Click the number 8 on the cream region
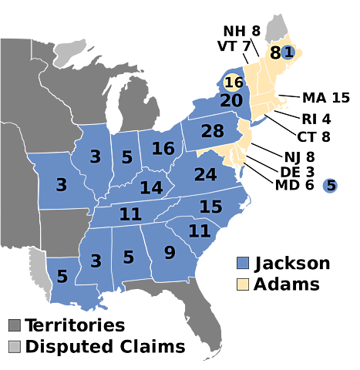(x=275, y=53)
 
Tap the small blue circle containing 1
(x=288, y=52)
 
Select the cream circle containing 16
(x=234, y=82)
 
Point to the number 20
(x=231, y=101)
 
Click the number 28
(x=212, y=131)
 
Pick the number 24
(x=205, y=175)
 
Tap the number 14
(x=151, y=187)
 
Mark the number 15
(x=210, y=207)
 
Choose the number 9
(x=170, y=251)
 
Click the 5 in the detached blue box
(x=331, y=186)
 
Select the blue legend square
(x=243, y=263)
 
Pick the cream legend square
(x=243, y=284)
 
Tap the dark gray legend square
(x=15, y=325)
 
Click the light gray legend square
(x=15, y=346)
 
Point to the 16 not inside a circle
(x=163, y=148)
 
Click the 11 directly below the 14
(x=130, y=214)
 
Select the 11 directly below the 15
(x=199, y=230)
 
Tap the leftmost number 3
(x=61, y=185)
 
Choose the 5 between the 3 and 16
(x=127, y=157)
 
